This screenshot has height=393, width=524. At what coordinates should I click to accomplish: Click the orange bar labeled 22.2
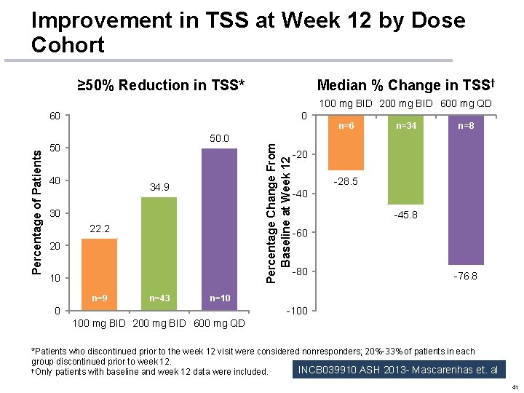click(99, 273)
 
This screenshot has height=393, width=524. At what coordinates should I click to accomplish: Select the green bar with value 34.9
click(159, 253)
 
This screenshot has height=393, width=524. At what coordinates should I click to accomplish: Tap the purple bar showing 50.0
click(219, 229)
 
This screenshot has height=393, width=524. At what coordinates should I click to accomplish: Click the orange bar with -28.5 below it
click(346, 143)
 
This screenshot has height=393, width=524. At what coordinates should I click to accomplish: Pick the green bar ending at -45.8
click(405, 160)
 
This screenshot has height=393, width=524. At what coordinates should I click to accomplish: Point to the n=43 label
click(159, 298)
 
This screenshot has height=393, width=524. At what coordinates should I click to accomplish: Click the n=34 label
click(405, 126)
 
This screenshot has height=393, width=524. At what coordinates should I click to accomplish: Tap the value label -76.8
click(466, 277)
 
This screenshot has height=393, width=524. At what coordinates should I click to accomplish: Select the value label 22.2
click(99, 229)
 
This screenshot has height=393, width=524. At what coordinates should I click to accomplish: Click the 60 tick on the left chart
click(55, 116)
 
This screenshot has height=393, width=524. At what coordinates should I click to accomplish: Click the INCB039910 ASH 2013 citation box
click(397, 370)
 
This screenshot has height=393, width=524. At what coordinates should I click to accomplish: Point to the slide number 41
click(515, 386)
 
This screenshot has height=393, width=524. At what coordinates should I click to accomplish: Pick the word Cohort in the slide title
click(68, 45)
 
